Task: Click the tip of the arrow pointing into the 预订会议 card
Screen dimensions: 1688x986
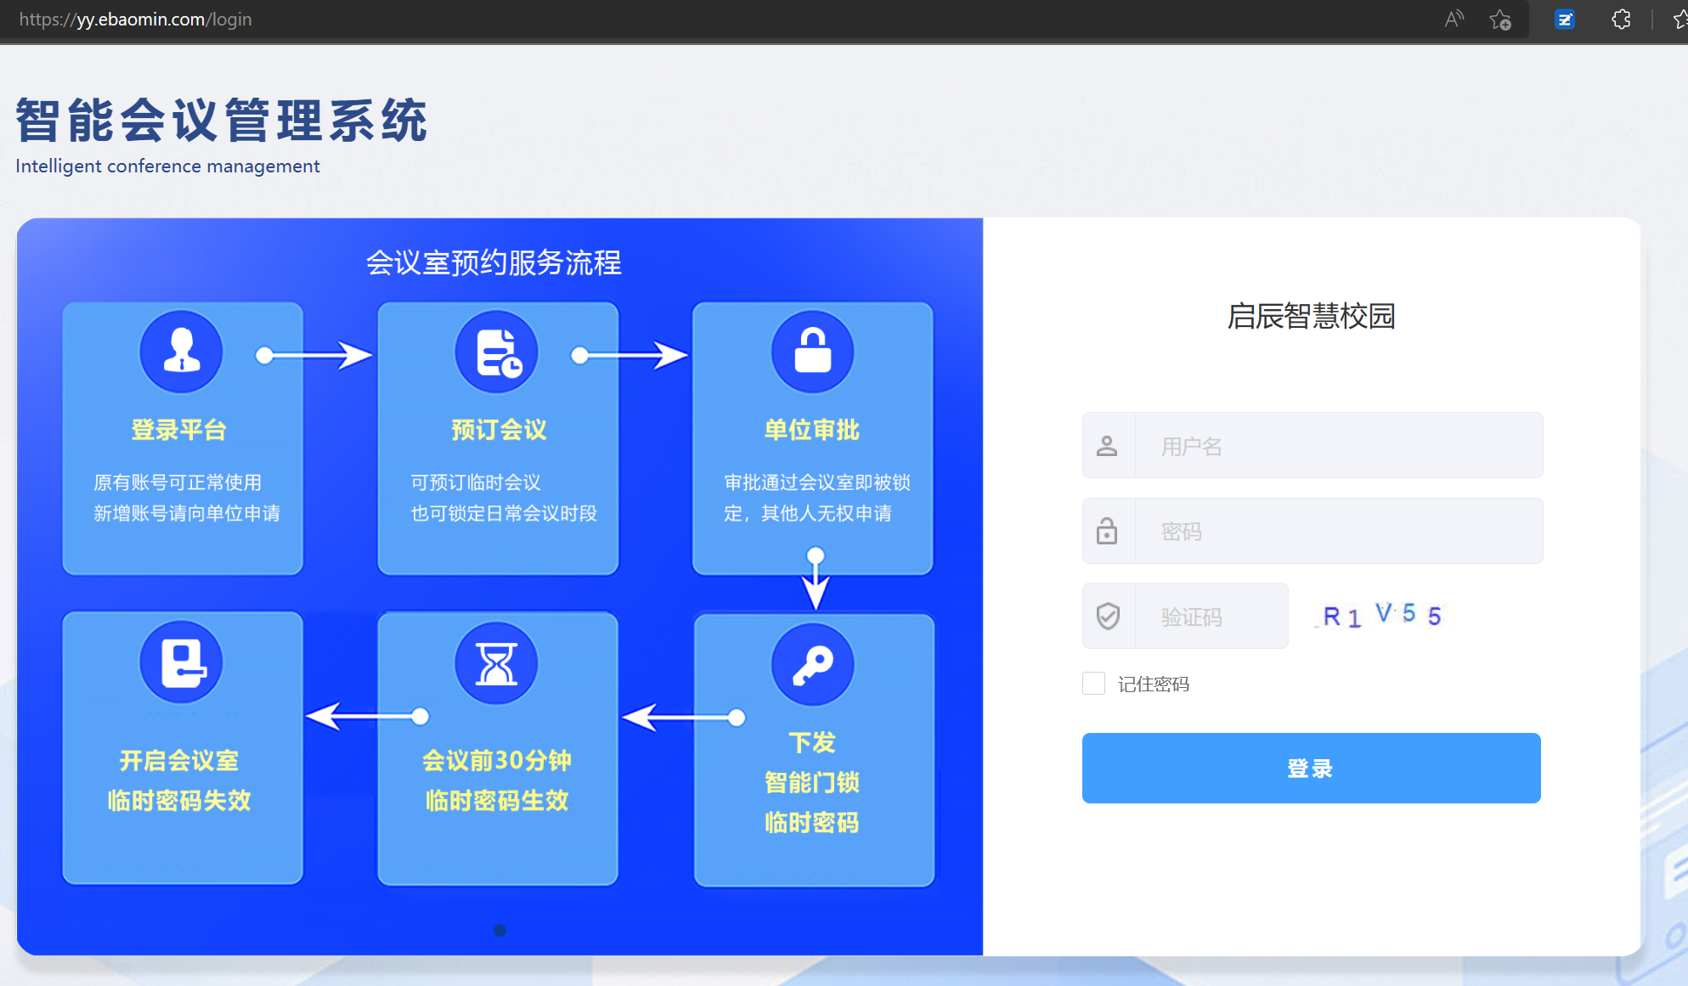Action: [373, 355]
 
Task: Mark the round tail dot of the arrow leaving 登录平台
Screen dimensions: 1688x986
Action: [265, 355]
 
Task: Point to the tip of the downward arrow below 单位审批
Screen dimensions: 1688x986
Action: [816, 610]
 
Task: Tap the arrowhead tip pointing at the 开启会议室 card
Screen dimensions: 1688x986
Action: [306, 716]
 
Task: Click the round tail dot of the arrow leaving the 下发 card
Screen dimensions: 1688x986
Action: [737, 718]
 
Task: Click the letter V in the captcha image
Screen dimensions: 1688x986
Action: [1384, 612]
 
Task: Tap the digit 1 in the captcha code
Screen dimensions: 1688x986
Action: [1354, 618]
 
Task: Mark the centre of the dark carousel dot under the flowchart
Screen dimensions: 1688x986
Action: [500, 930]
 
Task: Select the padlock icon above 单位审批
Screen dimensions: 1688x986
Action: [813, 352]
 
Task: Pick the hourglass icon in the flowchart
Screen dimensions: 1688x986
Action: [497, 662]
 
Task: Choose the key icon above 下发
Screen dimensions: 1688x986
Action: [813, 664]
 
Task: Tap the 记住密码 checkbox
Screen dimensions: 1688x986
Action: [1094, 684]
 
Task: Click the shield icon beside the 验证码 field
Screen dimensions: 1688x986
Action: [1108, 616]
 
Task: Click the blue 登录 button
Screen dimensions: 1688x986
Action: [1312, 768]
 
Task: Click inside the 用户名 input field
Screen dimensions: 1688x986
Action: [1339, 446]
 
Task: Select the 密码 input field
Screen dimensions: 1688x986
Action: [1339, 531]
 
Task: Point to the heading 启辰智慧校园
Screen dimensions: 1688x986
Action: [1312, 316]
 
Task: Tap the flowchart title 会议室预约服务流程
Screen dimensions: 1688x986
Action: [494, 262]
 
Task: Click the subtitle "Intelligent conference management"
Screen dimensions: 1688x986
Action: [167, 166]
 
